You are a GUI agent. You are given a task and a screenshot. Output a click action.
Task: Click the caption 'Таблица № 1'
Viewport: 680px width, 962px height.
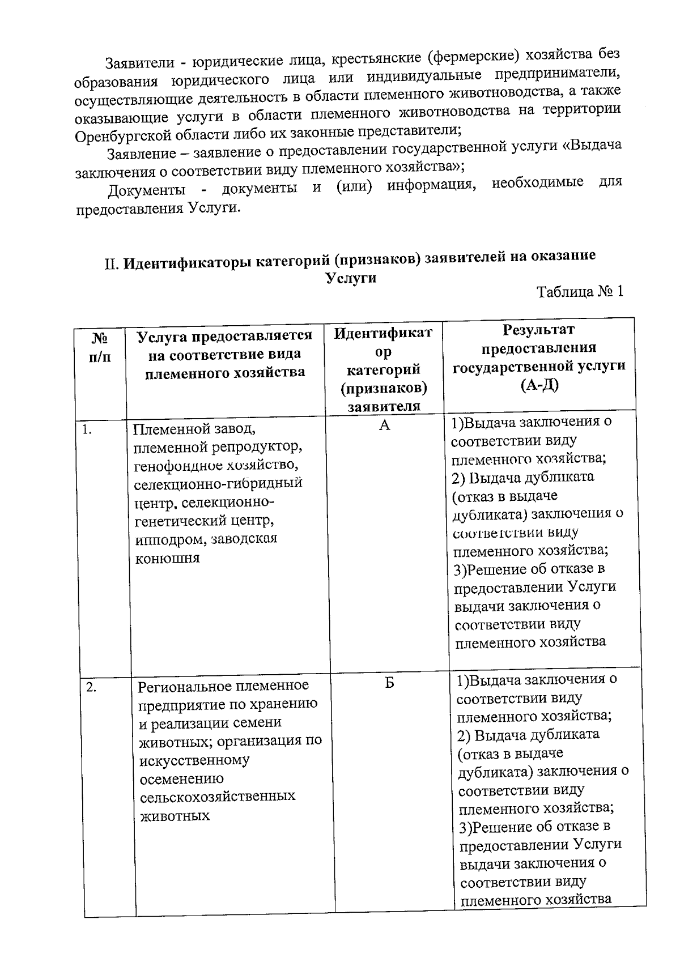pos(580,292)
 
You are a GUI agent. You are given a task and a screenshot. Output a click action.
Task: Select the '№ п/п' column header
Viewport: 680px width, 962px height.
pos(100,348)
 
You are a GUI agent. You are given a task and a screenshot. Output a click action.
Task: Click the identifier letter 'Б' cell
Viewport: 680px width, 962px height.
pos(389,683)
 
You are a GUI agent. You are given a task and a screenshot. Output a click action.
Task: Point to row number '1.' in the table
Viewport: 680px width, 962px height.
pos(87,429)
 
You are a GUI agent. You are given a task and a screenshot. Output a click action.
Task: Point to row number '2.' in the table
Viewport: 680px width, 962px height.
pos(91,688)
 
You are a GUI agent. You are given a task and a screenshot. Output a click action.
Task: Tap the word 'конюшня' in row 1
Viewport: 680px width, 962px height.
pos(159,558)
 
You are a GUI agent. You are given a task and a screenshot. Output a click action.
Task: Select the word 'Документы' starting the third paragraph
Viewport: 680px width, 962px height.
pos(147,189)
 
